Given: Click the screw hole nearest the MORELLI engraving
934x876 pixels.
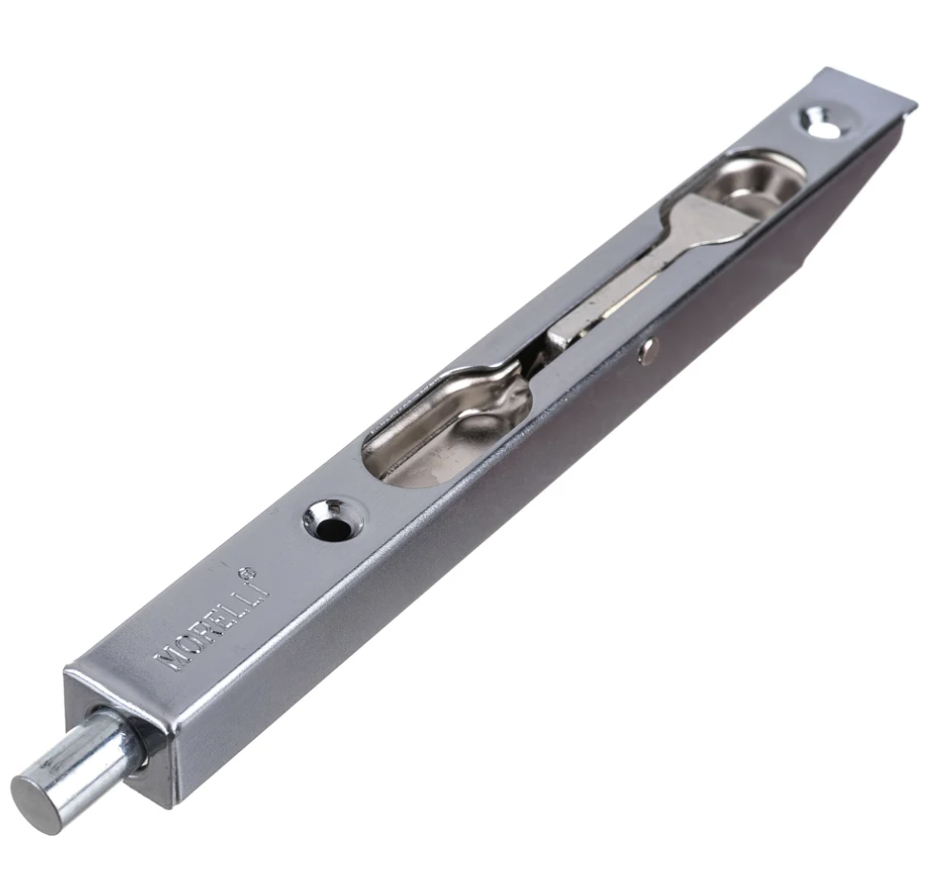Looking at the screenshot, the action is coord(333,519).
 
